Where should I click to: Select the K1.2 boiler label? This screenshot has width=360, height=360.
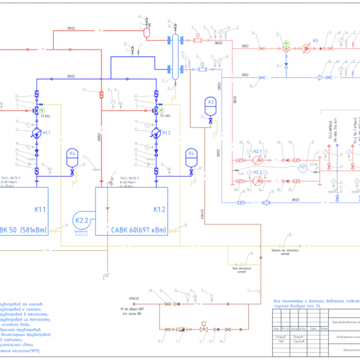click(158, 209)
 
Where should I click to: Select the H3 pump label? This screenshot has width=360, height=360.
click(316, 41)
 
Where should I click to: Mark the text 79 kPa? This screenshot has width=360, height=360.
click(45, 116)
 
